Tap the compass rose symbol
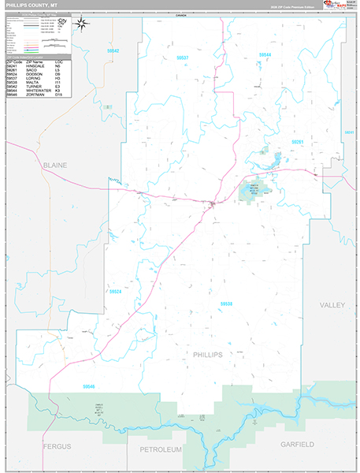81,24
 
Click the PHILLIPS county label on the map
208,355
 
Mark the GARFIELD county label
297,445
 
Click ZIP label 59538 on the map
226,304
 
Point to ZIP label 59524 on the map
117,291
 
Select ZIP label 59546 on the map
87,386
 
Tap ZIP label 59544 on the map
265,54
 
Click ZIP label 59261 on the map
297,141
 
